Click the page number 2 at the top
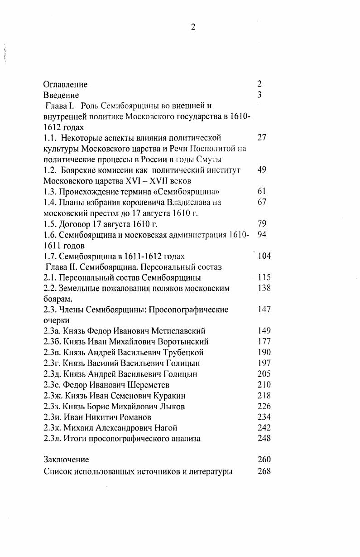point(193,27)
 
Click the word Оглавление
point(66,84)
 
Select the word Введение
point(61,95)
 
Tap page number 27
point(262,137)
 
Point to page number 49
point(262,170)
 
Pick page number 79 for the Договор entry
point(262,223)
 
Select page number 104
point(264,256)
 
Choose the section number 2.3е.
point(53,385)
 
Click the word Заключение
point(67,460)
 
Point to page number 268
point(264,471)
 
